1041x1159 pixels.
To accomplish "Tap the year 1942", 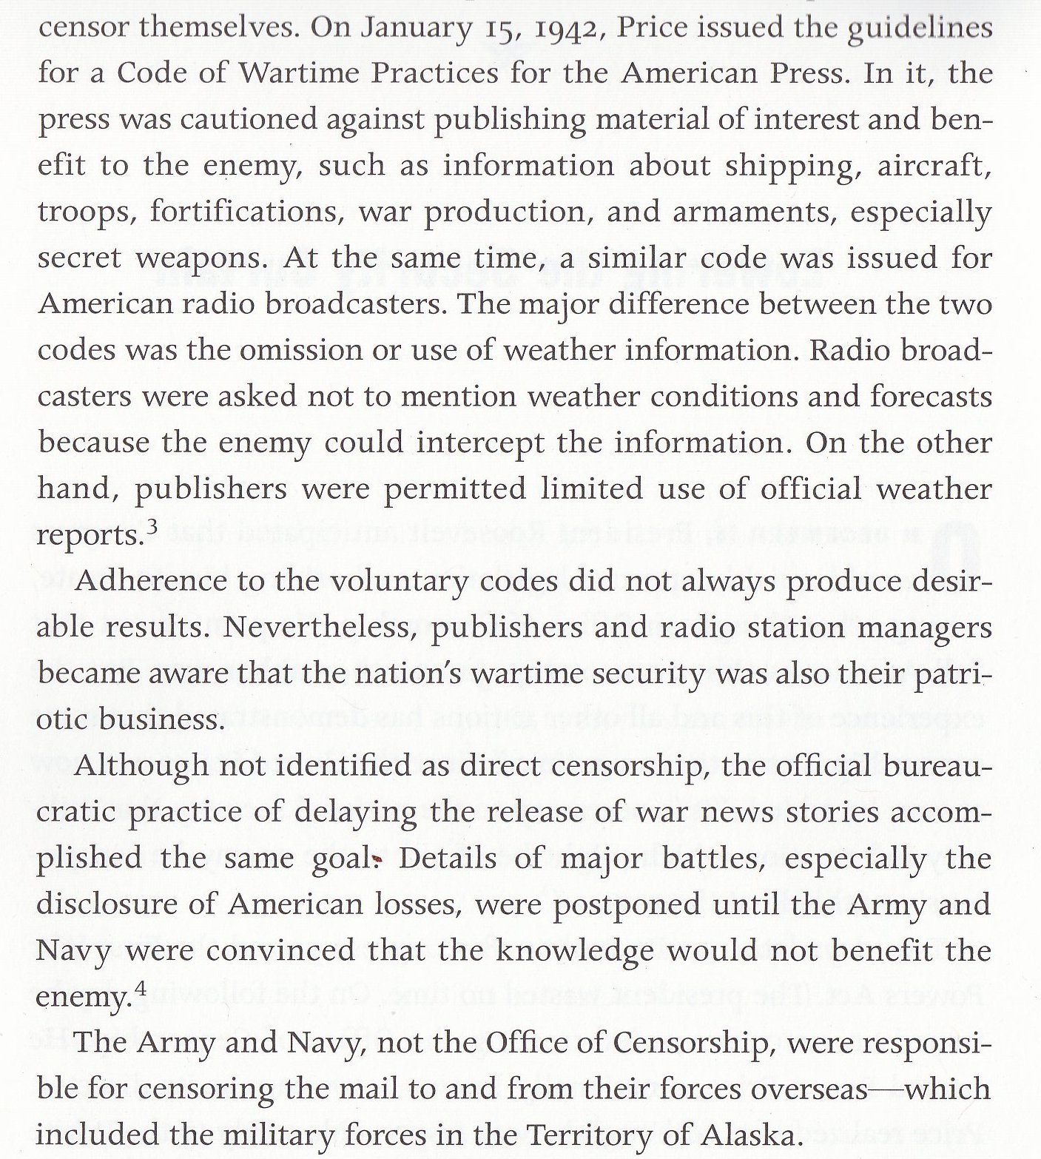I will [557, 28].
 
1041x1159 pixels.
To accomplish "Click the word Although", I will [141, 766].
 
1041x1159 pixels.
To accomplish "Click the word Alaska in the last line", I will [727, 1135].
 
